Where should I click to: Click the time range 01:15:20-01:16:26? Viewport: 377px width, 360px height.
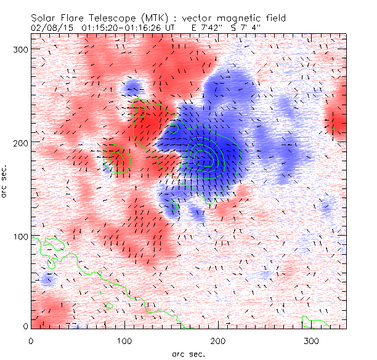121,28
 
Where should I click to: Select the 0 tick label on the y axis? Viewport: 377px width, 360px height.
25,326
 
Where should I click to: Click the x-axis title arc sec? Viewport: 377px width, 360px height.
188,354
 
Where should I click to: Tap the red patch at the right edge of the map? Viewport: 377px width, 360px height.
338,124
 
